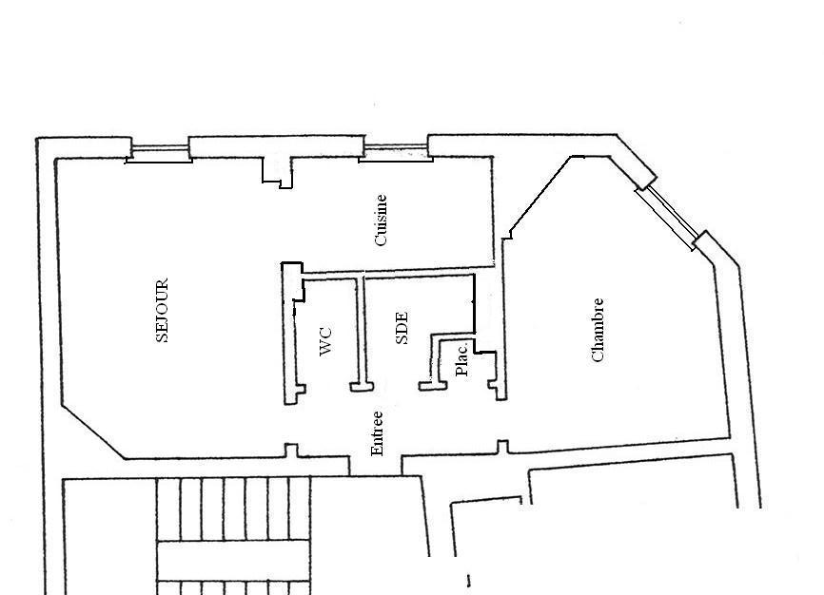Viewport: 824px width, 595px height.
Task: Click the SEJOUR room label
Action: pyautogui.click(x=163, y=311)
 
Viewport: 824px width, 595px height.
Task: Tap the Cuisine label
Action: pyautogui.click(x=381, y=221)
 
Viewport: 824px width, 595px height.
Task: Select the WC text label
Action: pyautogui.click(x=325, y=341)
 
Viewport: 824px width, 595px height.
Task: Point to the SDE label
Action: pyautogui.click(x=402, y=328)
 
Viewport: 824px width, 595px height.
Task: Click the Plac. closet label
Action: pyautogui.click(x=461, y=359)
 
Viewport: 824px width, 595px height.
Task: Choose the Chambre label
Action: pyautogui.click(x=598, y=331)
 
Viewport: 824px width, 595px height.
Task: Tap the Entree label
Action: pyautogui.click(x=377, y=433)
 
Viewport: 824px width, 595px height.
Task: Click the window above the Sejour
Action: pyautogui.click(x=159, y=152)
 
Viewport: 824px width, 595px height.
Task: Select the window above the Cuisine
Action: pyautogui.click(x=396, y=151)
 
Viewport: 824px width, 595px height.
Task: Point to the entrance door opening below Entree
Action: pyautogui.click(x=376, y=467)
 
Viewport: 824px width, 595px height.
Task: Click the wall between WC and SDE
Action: pyautogui.click(x=361, y=332)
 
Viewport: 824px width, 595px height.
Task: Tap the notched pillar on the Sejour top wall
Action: pyautogui.click(x=277, y=172)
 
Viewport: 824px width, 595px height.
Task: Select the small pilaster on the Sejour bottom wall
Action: pyautogui.click(x=291, y=451)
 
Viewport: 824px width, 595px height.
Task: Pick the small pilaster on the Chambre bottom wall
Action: pyautogui.click(x=503, y=447)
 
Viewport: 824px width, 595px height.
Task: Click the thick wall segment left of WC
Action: pyautogui.click(x=291, y=334)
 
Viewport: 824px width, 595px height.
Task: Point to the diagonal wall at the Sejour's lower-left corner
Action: pyautogui.click(x=93, y=432)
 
